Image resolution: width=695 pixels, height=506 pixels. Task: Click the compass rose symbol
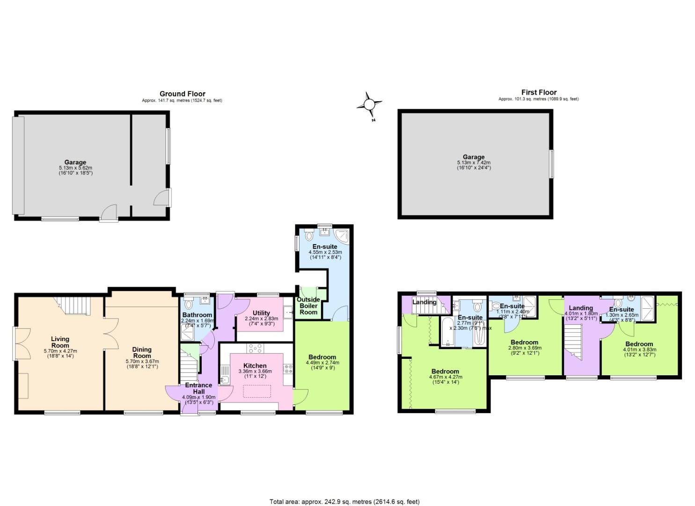pyautogui.click(x=369, y=104)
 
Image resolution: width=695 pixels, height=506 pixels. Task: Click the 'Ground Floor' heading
pyautogui.click(x=182, y=94)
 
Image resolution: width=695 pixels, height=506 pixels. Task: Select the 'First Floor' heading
pyautogui.click(x=539, y=92)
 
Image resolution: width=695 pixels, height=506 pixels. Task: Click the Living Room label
pyautogui.click(x=60, y=342)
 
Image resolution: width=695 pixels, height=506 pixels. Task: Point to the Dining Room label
pyautogui.click(x=142, y=352)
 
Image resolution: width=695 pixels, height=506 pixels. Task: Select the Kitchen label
pyautogui.click(x=255, y=365)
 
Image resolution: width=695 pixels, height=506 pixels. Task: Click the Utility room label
pyautogui.click(x=261, y=313)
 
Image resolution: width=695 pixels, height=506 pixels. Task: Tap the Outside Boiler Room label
pyautogui.click(x=308, y=306)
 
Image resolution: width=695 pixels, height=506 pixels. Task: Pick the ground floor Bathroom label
pyautogui.click(x=197, y=315)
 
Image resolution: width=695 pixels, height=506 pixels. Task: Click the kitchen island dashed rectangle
pyautogui.click(x=256, y=391)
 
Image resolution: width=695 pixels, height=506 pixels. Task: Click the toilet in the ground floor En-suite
pyautogui.click(x=307, y=235)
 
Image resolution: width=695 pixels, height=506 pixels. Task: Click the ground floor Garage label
pyautogui.click(x=75, y=163)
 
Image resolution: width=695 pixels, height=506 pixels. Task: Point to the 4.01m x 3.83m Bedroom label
pyautogui.click(x=639, y=344)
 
